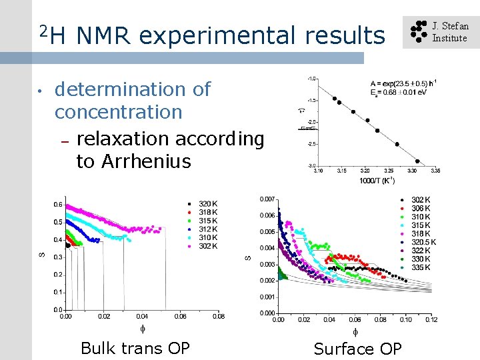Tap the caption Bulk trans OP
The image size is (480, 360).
pyautogui.click(x=135, y=349)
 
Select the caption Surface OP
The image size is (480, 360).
pyautogui.click(x=358, y=349)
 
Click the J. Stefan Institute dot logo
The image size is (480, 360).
pyautogui.click(x=417, y=32)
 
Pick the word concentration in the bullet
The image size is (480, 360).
pyautogui.click(x=118, y=112)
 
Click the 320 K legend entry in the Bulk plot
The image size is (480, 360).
pyautogui.click(x=207, y=203)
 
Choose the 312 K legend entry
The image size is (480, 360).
pyautogui.click(x=207, y=229)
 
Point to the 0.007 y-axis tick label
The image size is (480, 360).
pyautogui.click(x=267, y=199)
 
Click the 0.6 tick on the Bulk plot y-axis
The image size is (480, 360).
pyautogui.click(x=58, y=205)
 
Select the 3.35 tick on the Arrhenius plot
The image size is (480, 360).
pyautogui.click(x=435, y=171)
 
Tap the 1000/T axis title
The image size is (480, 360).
pyautogui.click(x=377, y=181)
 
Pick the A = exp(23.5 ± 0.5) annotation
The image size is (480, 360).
pyautogui.click(x=403, y=83)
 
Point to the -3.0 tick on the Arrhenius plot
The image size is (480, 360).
pyautogui.click(x=311, y=165)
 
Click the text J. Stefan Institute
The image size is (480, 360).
pyautogui.click(x=450, y=32)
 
